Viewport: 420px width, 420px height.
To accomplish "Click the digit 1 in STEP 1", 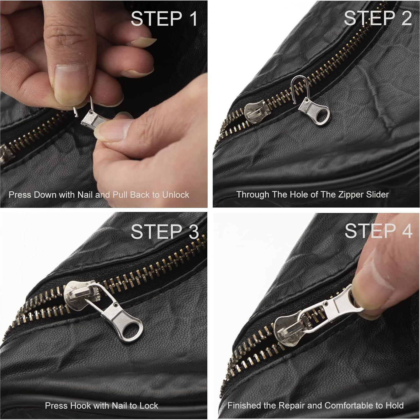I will coord(193,19).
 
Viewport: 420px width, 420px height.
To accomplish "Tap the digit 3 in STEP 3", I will coord(194,232).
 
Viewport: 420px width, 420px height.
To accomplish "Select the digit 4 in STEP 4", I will coord(407,231).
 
